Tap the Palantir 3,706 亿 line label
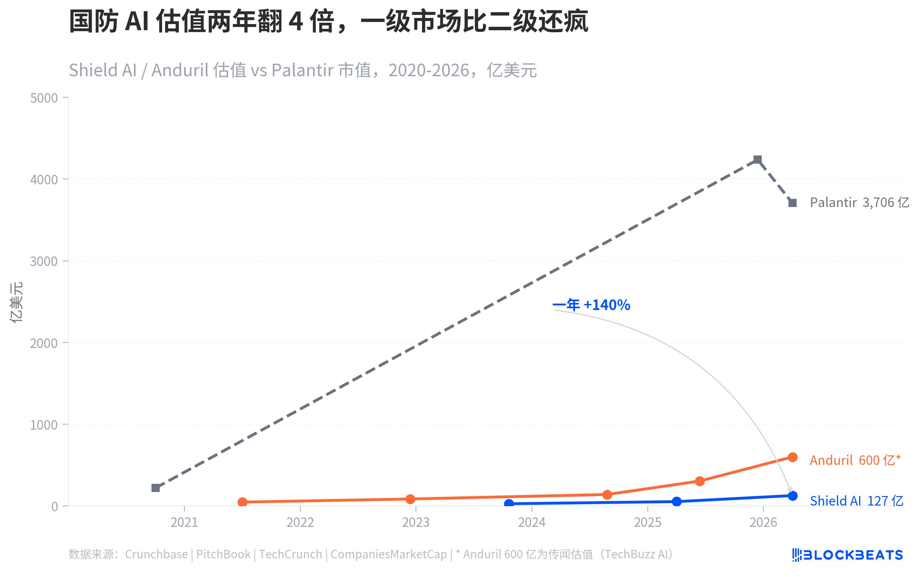[859, 203]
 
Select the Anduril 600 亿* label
[854, 460]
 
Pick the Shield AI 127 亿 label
[856, 501]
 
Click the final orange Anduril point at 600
[792, 457]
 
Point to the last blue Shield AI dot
[792, 496]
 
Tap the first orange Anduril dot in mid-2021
[242, 502]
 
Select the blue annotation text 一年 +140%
[591, 305]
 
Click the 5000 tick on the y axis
[44, 98]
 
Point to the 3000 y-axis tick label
[44, 262]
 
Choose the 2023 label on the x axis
[415, 522]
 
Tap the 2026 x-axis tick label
[763, 522]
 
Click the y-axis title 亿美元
[16, 302]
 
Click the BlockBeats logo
[847, 555]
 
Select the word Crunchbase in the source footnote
[156, 554]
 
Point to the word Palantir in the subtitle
[302, 70]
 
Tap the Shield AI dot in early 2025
[676, 501]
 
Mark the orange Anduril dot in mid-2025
[699, 481]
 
